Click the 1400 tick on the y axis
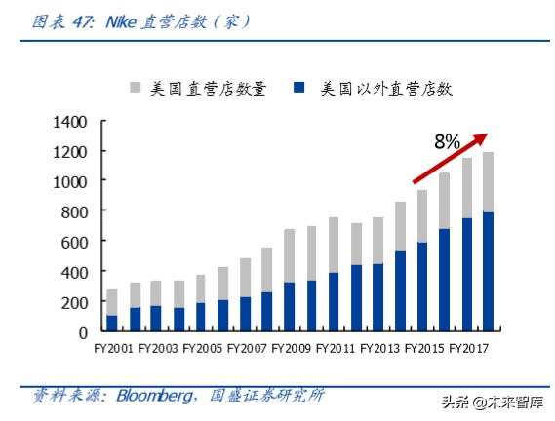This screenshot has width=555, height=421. pos(72,122)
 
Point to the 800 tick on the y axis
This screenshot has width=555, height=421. pos(76,211)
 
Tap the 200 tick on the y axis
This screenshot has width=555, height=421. pos(76,302)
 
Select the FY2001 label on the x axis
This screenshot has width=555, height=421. pos(114,346)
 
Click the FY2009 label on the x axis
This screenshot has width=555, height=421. pos(290,346)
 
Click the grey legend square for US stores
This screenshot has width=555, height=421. pos(136,90)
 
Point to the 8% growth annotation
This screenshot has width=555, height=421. pos(447,142)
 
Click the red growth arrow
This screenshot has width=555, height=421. pos(449,159)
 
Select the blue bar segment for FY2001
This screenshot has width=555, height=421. pos(112,323)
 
